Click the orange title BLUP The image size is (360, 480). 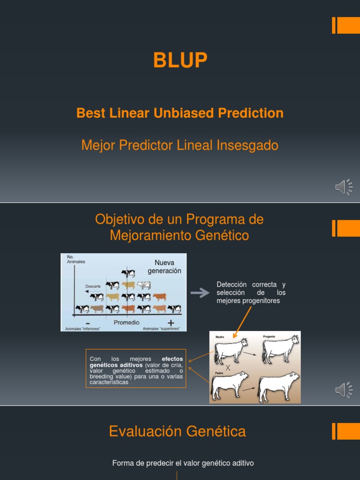tap(180, 60)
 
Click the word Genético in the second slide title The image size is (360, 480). tap(224, 235)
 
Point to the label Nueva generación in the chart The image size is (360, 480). tap(164, 267)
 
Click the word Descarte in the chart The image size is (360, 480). tap(93, 286)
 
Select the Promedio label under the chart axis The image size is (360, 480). tap(127, 322)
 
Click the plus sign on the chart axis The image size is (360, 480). tap(171, 322)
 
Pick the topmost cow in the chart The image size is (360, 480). tap(127, 273)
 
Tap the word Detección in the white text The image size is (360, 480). tap(232, 285)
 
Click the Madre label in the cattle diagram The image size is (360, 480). tap(220, 337)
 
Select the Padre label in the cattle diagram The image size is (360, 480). tap(219, 373)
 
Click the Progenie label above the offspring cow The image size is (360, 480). tap(269, 337)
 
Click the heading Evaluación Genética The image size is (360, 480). tap(177, 431)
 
